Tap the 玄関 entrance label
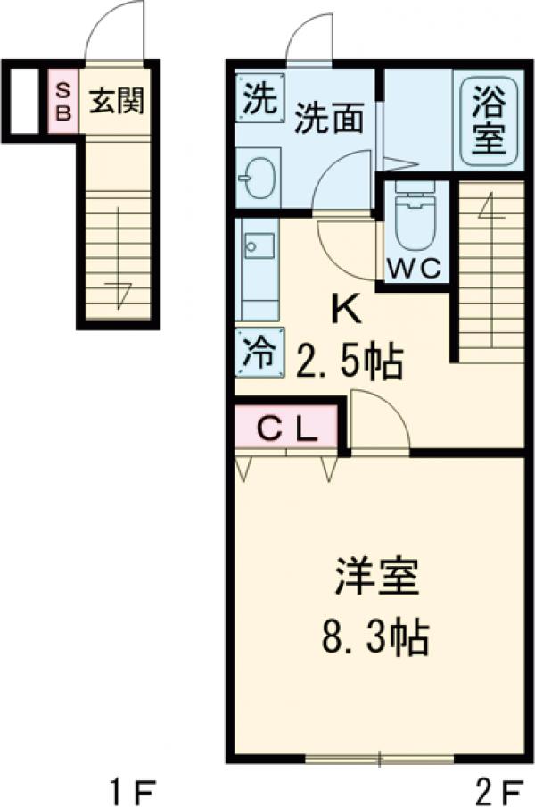116,102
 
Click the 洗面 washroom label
329,120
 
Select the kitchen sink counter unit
258,267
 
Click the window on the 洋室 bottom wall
379,760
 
